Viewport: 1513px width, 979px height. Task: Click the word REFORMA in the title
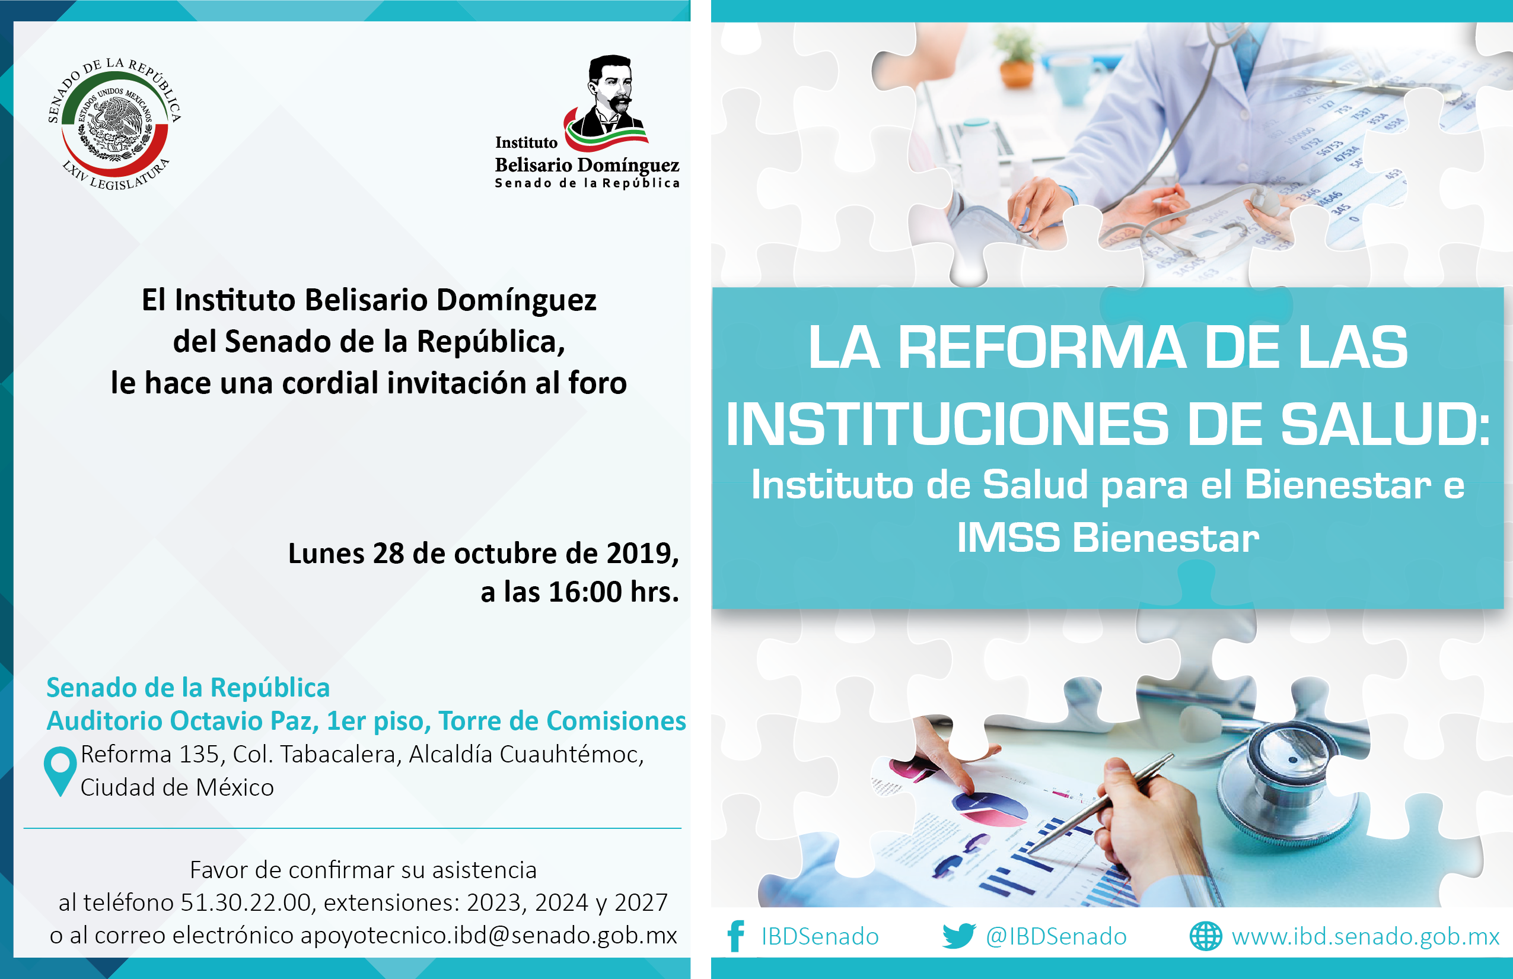1042,348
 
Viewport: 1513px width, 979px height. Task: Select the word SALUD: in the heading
1385,425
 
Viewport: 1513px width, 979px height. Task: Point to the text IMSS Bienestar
1107,538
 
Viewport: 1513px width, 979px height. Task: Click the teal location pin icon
60,771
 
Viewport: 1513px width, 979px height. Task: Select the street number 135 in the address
199,755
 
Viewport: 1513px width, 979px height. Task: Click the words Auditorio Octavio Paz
182,721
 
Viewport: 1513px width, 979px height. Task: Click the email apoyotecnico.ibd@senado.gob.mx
489,936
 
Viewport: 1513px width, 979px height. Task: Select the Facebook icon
736,936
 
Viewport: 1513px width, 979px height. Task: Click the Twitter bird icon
959,936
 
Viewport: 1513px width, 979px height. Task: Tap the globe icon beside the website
1205,936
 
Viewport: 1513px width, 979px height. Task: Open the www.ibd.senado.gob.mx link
1365,936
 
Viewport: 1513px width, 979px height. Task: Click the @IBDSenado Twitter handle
1056,936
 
